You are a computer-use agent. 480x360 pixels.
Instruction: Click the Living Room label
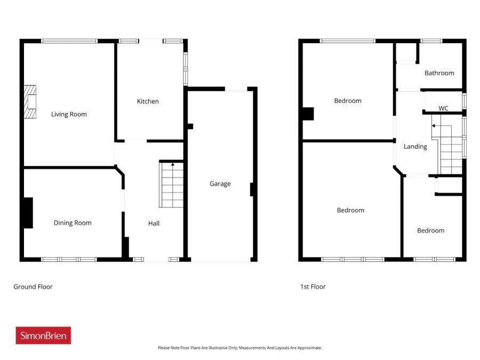click(69, 114)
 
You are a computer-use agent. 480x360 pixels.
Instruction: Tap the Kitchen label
click(148, 101)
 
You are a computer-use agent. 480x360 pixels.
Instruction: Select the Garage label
click(220, 183)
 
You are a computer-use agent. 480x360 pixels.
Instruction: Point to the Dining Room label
click(73, 223)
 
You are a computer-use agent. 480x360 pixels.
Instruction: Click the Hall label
click(154, 223)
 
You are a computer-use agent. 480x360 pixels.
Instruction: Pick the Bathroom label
click(439, 73)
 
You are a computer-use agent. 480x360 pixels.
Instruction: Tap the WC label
click(443, 108)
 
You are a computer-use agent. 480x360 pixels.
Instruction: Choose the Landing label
click(415, 147)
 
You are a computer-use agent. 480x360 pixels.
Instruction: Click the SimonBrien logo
click(43, 335)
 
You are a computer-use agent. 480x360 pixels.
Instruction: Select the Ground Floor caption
click(33, 286)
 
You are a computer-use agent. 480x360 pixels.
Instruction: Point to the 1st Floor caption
click(313, 286)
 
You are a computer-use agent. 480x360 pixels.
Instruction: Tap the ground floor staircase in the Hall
click(171, 185)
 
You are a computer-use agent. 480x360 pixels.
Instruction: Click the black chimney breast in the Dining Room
click(28, 213)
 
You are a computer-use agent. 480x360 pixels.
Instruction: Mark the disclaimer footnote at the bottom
click(239, 348)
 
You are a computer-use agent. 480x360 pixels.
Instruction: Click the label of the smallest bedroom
click(430, 230)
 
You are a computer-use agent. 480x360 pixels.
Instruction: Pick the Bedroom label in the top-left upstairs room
click(348, 101)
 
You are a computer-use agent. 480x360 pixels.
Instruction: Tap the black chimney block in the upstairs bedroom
click(308, 114)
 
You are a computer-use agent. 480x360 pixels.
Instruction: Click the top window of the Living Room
click(69, 41)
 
